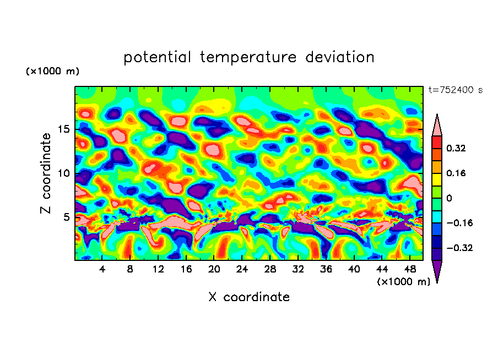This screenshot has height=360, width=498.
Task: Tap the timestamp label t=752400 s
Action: pos(455,90)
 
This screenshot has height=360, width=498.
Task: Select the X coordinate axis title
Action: pos(249,297)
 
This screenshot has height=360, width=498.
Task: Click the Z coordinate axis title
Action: pos(46,173)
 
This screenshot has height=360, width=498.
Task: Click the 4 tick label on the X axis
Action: pos(102,269)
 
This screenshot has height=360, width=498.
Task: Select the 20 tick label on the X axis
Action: pos(214,269)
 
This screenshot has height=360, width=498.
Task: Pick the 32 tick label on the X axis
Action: pos(298,269)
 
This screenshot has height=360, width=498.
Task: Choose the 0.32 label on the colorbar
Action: pos(456,148)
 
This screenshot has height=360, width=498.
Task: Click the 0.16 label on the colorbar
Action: pos(456,173)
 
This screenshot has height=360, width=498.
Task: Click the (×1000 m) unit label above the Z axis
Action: pos(52,72)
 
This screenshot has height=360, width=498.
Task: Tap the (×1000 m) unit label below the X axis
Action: pos(403,282)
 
